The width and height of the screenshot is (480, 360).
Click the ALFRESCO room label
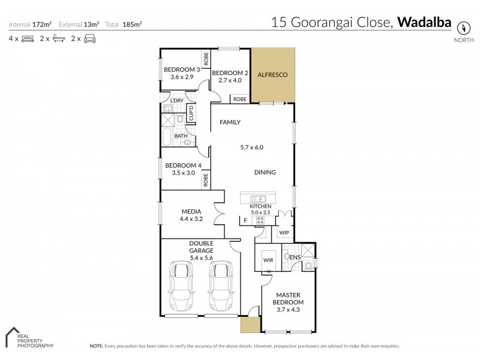click(x=273, y=75)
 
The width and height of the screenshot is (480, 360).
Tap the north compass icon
click(x=463, y=28)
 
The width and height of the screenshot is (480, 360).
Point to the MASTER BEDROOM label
click(x=289, y=298)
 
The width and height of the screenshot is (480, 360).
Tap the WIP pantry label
click(x=284, y=232)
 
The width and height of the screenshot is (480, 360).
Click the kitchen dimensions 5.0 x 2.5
click(x=265, y=212)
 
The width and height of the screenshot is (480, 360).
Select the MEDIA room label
click(x=192, y=211)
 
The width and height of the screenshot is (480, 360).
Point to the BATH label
click(x=181, y=136)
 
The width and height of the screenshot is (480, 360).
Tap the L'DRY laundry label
click(x=177, y=101)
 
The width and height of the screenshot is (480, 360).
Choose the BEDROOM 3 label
click(x=182, y=70)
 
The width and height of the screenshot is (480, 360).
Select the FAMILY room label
click(x=230, y=122)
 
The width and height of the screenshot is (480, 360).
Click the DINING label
click(x=265, y=172)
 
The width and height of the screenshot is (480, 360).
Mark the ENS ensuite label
click(x=295, y=257)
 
